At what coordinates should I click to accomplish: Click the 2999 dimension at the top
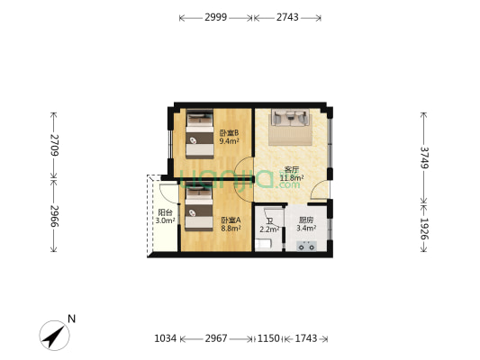click(216, 17)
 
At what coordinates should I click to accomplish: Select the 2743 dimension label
click(287, 17)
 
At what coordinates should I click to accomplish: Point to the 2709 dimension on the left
click(55, 145)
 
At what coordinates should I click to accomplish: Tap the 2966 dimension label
click(55, 216)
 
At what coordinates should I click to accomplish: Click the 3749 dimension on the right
click(424, 157)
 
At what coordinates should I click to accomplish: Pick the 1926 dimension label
click(424, 229)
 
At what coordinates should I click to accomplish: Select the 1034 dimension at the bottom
click(166, 338)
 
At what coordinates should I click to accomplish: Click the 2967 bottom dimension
click(216, 338)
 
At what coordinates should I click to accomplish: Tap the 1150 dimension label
click(268, 338)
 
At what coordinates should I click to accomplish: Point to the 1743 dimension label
click(306, 338)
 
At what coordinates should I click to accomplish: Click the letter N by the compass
click(72, 319)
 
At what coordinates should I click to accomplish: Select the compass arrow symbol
click(55, 336)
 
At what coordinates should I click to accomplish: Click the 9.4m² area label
click(229, 141)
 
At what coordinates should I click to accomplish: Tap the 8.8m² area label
click(231, 228)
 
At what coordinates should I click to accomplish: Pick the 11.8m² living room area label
click(292, 177)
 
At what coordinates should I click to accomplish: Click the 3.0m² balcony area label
click(166, 220)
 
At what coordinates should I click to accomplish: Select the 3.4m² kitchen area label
click(306, 228)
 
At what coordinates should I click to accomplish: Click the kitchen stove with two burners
click(306, 246)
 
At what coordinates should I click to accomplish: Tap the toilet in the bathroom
click(263, 245)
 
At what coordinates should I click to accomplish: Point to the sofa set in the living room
click(291, 118)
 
